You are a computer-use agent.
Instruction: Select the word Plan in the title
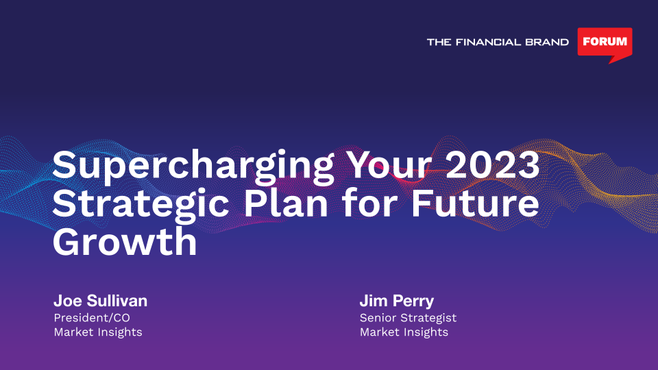pos(286,203)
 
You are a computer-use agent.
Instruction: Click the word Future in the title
pos(474,203)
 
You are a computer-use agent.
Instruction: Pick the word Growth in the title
pos(125,242)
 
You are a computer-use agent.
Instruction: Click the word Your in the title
pos(390,164)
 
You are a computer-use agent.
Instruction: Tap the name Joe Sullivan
pos(100,301)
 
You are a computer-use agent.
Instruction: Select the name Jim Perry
pos(397,301)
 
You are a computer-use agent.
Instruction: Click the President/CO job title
pos(91,317)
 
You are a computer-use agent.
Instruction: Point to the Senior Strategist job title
pos(408,318)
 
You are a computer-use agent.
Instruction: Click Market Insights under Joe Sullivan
pos(98,332)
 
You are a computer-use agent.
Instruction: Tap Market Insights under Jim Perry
pos(404,332)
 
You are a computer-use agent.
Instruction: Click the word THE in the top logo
pos(439,42)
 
